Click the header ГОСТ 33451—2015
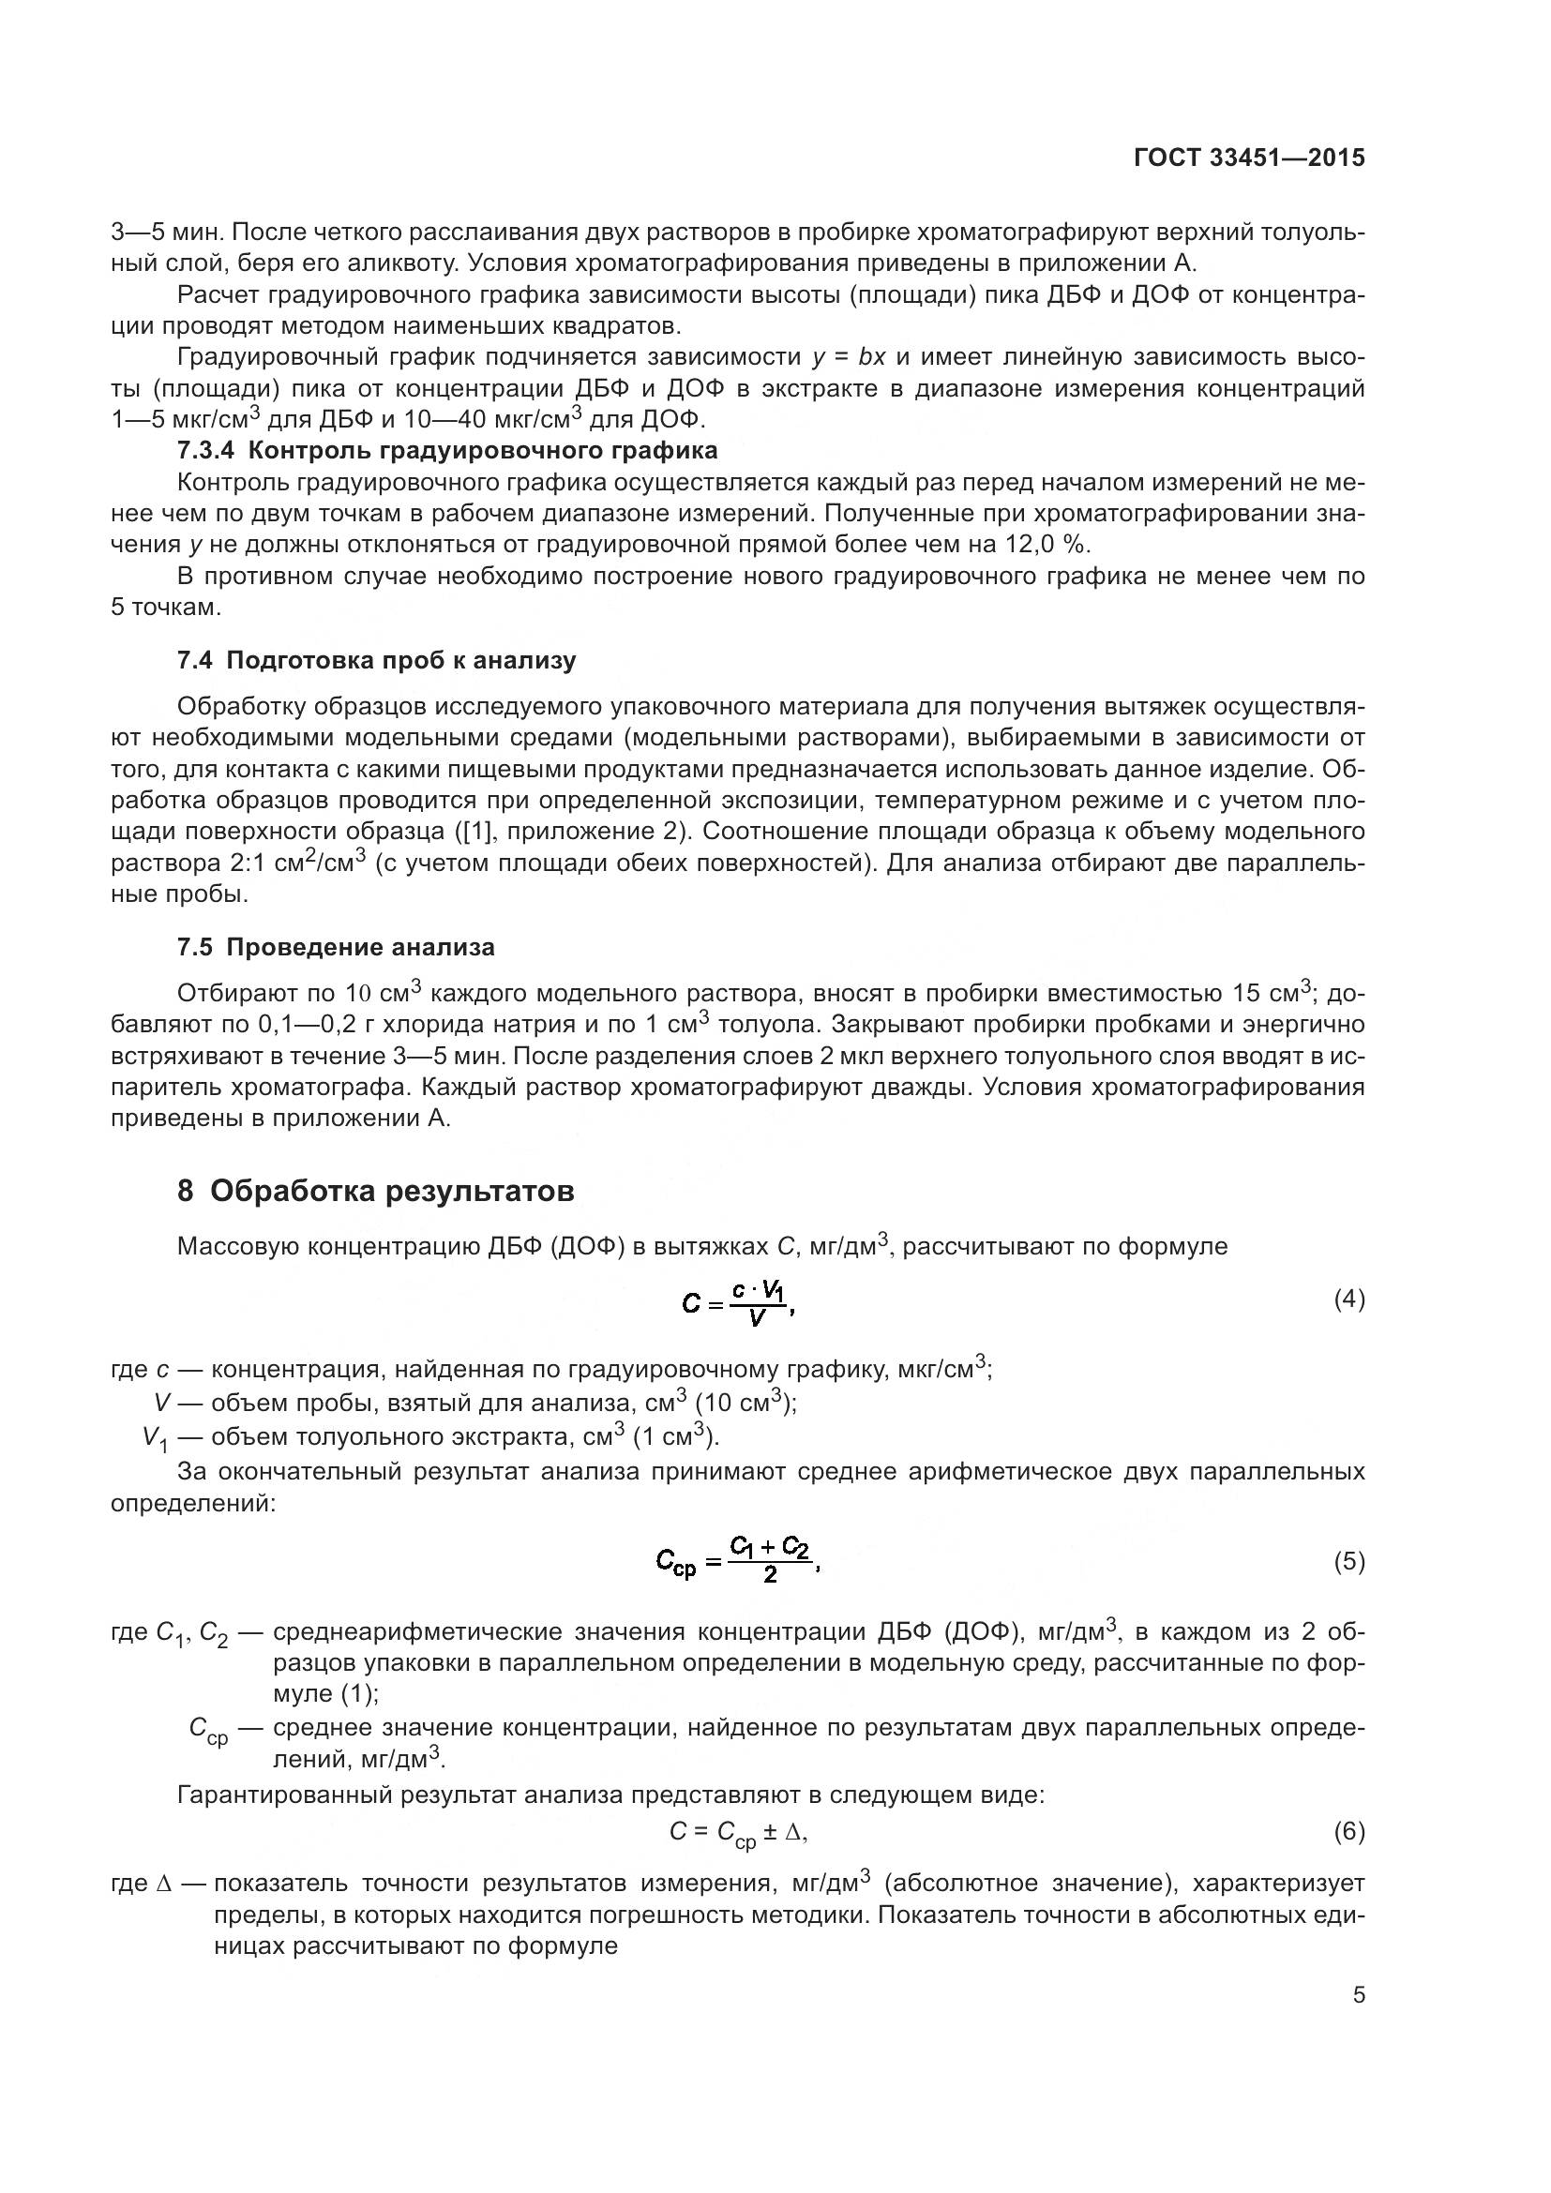coord(1248,158)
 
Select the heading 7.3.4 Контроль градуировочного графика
coord(447,449)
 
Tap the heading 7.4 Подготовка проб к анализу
coord(376,660)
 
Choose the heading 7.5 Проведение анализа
coord(337,947)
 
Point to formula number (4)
coord(1348,1299)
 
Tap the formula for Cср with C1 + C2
coord(736,1560)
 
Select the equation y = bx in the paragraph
coord(848,357)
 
